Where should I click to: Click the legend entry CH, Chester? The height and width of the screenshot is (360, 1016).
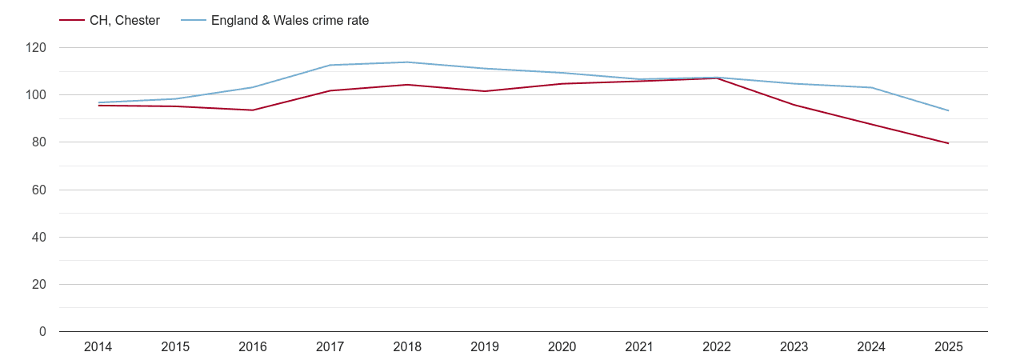[x=125, y=21]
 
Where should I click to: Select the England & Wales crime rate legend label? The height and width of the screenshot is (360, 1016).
[x=290, y=21]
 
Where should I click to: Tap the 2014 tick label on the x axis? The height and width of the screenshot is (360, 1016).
[x=98, y=346]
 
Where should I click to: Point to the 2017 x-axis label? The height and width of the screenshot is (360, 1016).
[x=330, y=346]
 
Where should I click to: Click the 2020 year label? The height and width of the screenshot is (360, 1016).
[x=562, y=346]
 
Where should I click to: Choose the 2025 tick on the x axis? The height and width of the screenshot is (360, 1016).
[x=948, y=346]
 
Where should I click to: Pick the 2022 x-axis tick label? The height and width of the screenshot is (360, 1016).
[x=716, y=346]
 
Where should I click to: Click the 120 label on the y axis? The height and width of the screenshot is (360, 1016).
[x=36, y=48]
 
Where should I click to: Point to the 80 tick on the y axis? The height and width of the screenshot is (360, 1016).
[x=39, y=142]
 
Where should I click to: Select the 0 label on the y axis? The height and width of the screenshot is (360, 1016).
[x=42, y=332]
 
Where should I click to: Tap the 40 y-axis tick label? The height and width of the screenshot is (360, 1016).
[x=39, y=238]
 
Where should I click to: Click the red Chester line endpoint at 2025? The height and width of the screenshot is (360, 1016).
[x=948, y=143]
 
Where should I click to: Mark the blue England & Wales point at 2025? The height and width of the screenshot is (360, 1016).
[x=948, y=110]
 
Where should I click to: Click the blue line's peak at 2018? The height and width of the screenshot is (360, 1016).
[x=407, y=62]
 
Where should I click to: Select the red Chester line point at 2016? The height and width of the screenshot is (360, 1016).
[x=253, y=110]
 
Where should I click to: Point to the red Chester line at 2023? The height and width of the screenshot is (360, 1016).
[x=794, y=105]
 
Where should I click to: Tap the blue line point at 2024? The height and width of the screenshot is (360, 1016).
[x=871, y=87]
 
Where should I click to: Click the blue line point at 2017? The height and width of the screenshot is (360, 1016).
[x=330, y=65]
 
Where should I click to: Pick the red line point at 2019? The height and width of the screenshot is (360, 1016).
[x=485, y=91]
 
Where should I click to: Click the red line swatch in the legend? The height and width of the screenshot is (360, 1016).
[x=72, y=21]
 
